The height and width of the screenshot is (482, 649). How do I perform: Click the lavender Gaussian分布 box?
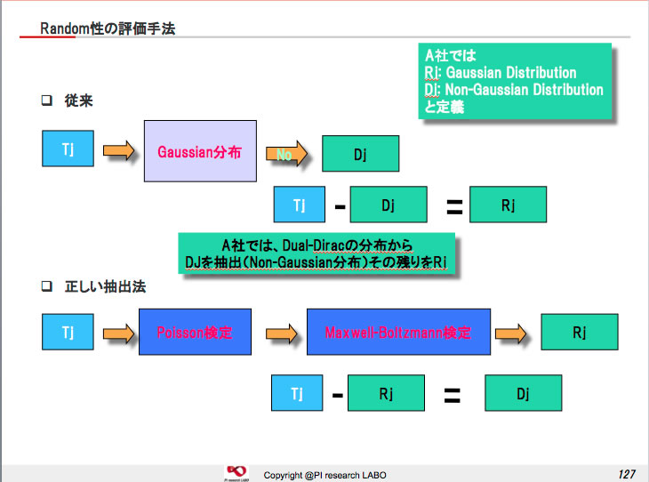point(200,151)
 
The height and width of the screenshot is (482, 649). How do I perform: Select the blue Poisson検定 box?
point(195,333)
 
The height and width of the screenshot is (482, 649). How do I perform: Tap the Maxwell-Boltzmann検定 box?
point(398,333)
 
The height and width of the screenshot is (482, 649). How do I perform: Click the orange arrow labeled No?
point(287,155)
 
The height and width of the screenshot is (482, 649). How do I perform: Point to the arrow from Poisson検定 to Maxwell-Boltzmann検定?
point(281,333)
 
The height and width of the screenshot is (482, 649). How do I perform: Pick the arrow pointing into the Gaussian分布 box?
point(119,151)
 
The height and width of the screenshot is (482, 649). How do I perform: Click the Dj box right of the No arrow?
point(360,153)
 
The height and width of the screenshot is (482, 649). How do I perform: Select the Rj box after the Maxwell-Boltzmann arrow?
point(579,332)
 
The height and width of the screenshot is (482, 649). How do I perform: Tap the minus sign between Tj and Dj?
point(340,206)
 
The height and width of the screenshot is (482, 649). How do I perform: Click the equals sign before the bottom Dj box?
point(452,394)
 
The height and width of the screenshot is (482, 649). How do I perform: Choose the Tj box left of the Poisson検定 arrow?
point(68,332)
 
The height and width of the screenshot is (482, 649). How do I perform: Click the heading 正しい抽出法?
point(105,287)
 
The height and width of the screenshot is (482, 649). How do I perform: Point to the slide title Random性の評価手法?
point(108,28)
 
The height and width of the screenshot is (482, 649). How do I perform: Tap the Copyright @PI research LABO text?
point(321,471)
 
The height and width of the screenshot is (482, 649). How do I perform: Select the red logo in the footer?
point(236,470)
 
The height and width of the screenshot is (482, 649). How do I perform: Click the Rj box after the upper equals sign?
point(508,205)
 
